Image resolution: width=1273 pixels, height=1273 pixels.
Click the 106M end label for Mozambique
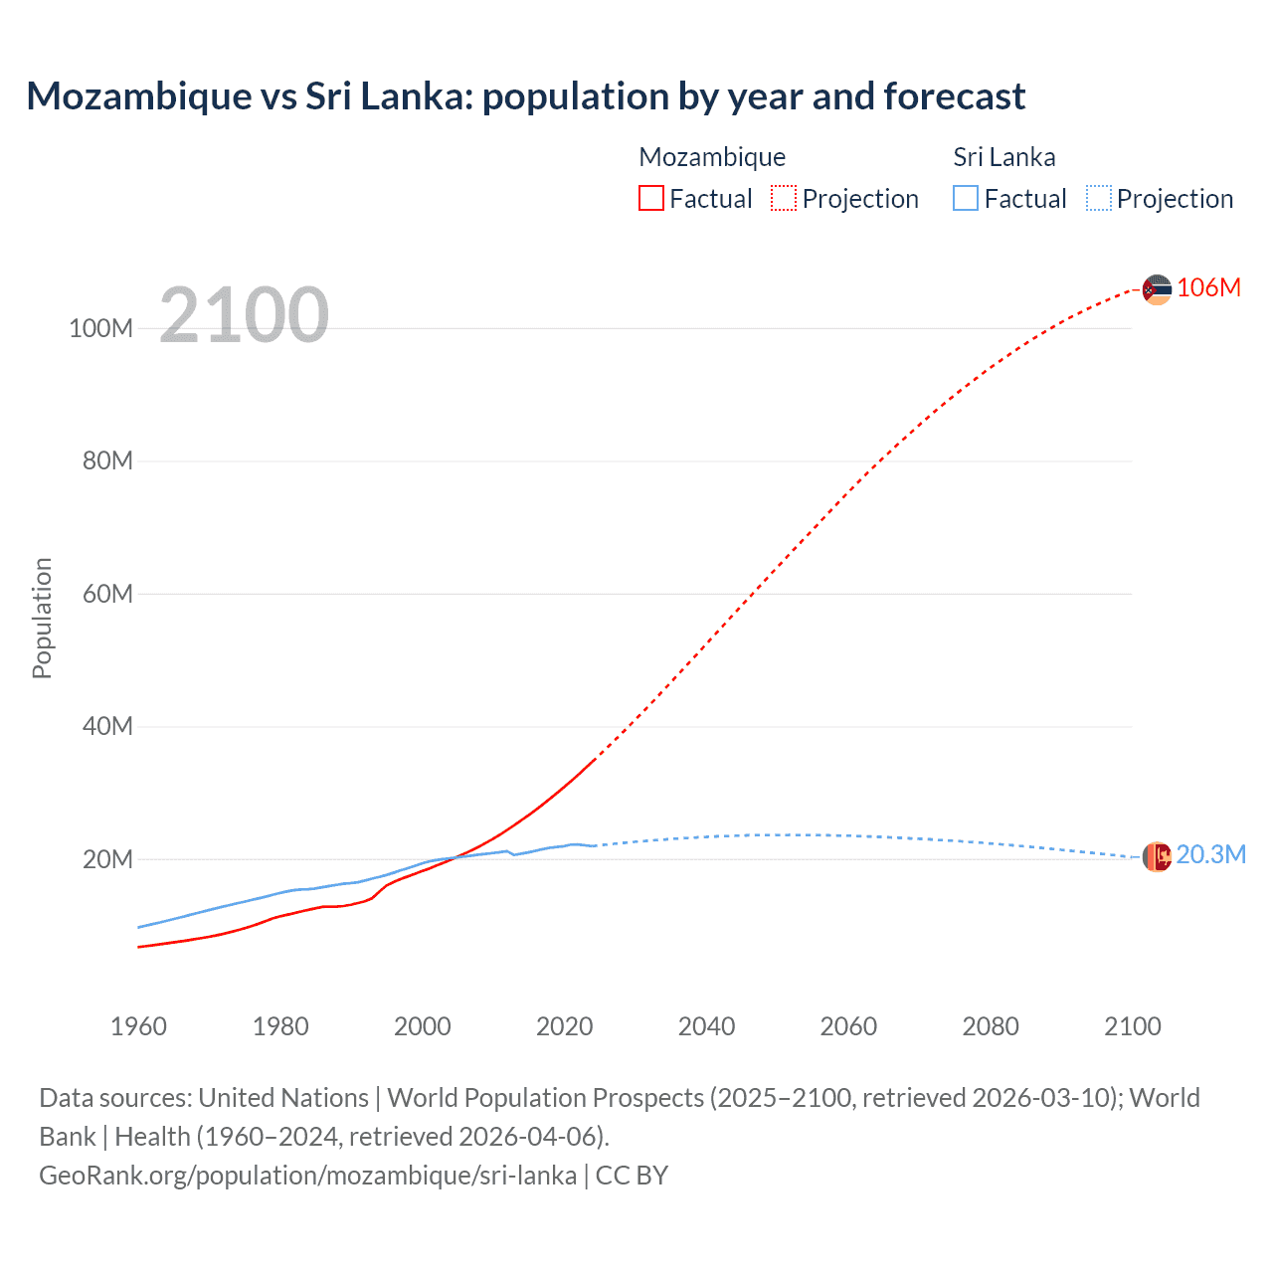(x=1208, y=288)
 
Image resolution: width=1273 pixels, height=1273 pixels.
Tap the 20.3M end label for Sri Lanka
(x=1210, y=855)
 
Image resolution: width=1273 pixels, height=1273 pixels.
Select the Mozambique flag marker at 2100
(x=1157, y=289)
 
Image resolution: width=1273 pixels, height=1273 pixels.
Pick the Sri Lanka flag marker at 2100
(x=1157, y=856)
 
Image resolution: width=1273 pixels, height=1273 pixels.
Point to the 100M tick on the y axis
(x=100, y=329)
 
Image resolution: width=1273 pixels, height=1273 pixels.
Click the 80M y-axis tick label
(x=106, y=461)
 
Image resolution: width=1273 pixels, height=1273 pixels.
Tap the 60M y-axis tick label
(x=106, y=595)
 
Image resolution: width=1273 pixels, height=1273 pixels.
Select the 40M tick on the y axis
(x=106, y=727)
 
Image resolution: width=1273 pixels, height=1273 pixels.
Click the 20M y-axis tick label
(x=106, y=859)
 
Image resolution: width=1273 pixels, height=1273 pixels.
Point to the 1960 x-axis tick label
(x=138, y=1026)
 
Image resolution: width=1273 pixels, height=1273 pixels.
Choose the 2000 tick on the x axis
(x=423, y=1026)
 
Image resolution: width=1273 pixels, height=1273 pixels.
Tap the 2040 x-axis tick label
(x=706, y=1026)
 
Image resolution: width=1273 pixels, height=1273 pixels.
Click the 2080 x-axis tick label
(x=991, y=1026)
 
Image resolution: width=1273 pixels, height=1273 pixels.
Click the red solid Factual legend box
(x=651, y=199)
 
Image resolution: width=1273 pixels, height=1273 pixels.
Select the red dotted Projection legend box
(x=784, y=199)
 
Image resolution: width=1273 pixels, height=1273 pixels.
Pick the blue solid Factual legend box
(x=966, y=199)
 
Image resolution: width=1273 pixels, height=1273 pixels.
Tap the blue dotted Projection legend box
(x=1098, y=199)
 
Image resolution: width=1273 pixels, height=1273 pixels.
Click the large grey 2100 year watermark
(x=244, y=315)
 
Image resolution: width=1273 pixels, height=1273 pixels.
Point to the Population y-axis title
(x=42, y=618)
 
